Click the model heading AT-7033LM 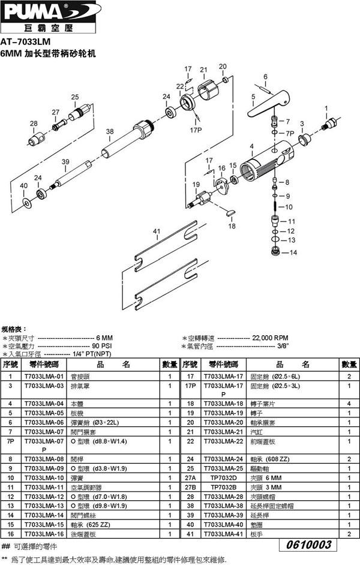pos(26,42)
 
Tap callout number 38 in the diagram pos(109,131)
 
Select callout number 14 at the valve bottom pos(293,253)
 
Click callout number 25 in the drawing pos(75,97)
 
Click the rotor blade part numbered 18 pos(230,212)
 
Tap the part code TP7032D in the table pos(221,477)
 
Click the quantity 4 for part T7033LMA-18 pos(349,403)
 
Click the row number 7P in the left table pos(10,440)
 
